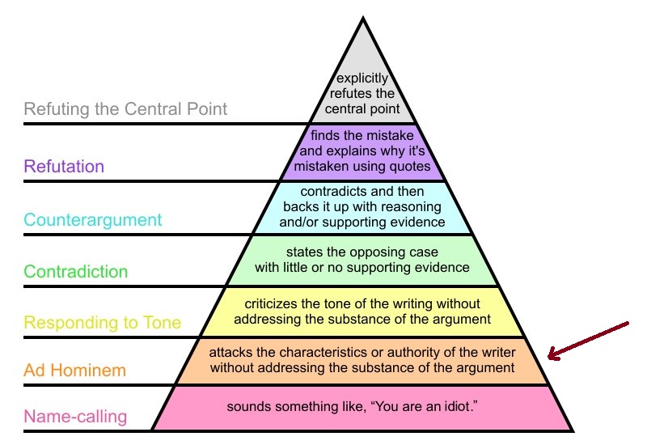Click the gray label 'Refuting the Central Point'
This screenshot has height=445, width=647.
click(125, 108)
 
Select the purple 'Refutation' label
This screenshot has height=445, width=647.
click(64, 167)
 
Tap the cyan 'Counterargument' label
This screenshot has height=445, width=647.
click(93, 219)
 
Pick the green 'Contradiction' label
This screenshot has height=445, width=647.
click(76, 271)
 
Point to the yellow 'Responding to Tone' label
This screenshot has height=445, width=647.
click(103, 323)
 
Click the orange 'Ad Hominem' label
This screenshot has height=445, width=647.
click(75, 371)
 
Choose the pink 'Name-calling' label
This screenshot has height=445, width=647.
click(75, 417)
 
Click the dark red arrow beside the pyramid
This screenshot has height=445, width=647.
click(586, 340)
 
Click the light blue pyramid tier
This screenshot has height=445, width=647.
click(362, 207)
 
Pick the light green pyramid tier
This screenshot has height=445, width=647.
click(362, 260)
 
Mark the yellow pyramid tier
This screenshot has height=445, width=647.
click(362, 311)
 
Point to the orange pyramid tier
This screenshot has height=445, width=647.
click(362, 361)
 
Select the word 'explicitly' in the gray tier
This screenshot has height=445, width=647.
click(362, 79)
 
